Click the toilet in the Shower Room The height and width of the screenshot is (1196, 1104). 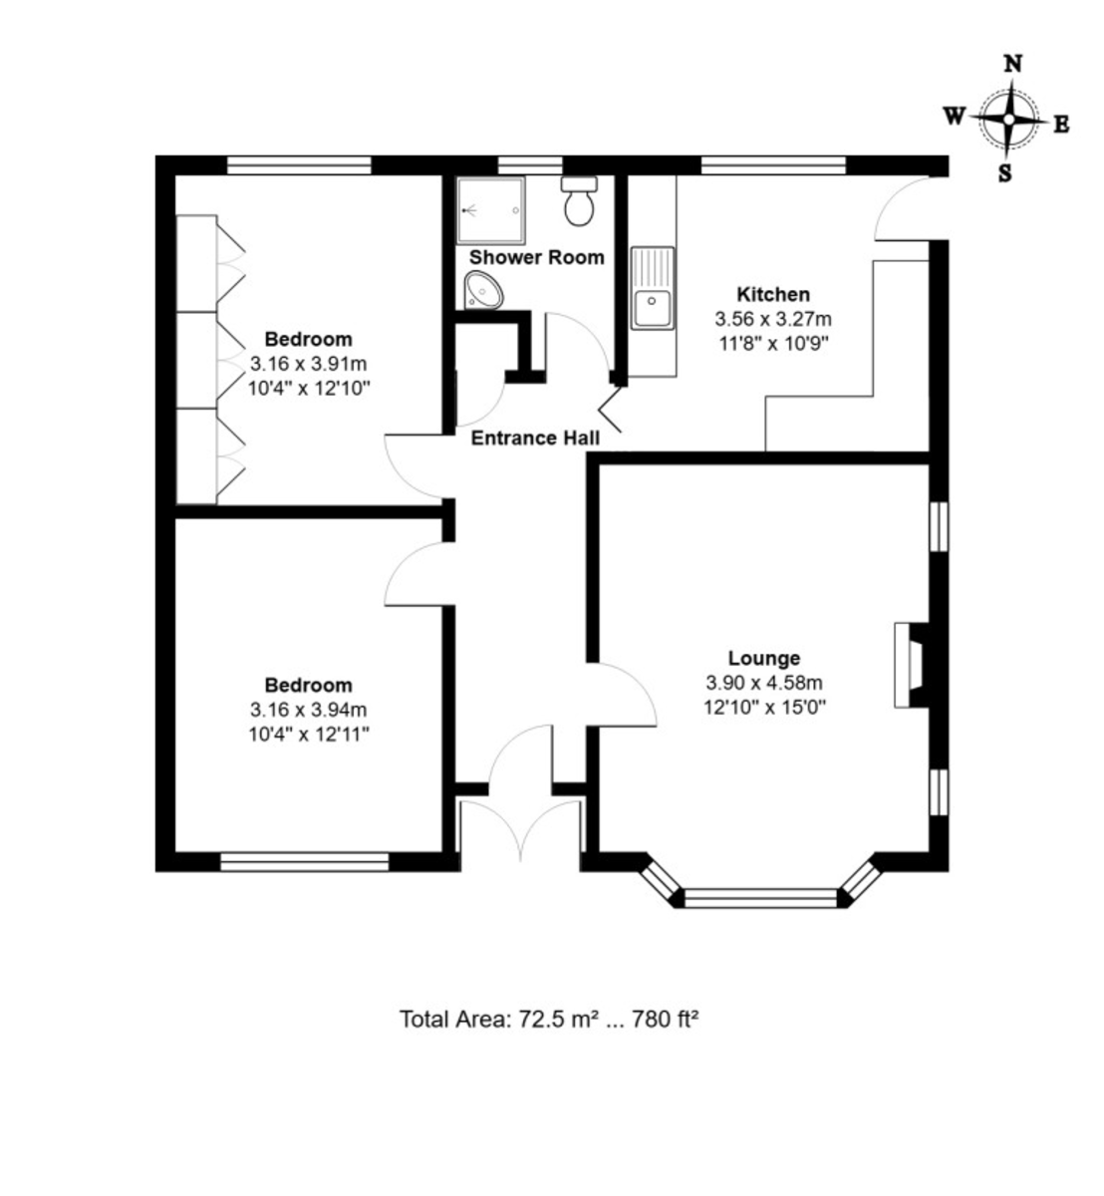(578, 201)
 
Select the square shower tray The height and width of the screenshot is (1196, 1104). (490, 209)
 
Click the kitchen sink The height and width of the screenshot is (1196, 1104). (653, 288)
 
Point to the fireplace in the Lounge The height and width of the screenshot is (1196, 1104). (911, 664)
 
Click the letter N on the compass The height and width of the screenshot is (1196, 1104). (1014, 63)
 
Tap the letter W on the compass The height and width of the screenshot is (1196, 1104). (954, 116)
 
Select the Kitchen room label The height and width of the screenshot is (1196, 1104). (773, 294)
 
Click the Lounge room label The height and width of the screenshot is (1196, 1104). (763, 658)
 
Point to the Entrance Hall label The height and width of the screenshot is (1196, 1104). (535, 438)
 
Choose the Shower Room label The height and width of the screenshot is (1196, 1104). (537, 257)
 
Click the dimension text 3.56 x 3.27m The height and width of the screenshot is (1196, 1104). (773, 319)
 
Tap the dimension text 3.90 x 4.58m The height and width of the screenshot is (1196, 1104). (763, 683)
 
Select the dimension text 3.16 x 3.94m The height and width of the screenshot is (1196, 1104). (308, 710)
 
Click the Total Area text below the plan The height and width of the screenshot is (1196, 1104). (549, 1019)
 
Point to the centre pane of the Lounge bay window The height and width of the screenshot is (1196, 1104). (761, 897)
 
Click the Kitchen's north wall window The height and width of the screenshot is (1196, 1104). (774, 165)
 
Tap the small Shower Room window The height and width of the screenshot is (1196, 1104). (530, 165)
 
